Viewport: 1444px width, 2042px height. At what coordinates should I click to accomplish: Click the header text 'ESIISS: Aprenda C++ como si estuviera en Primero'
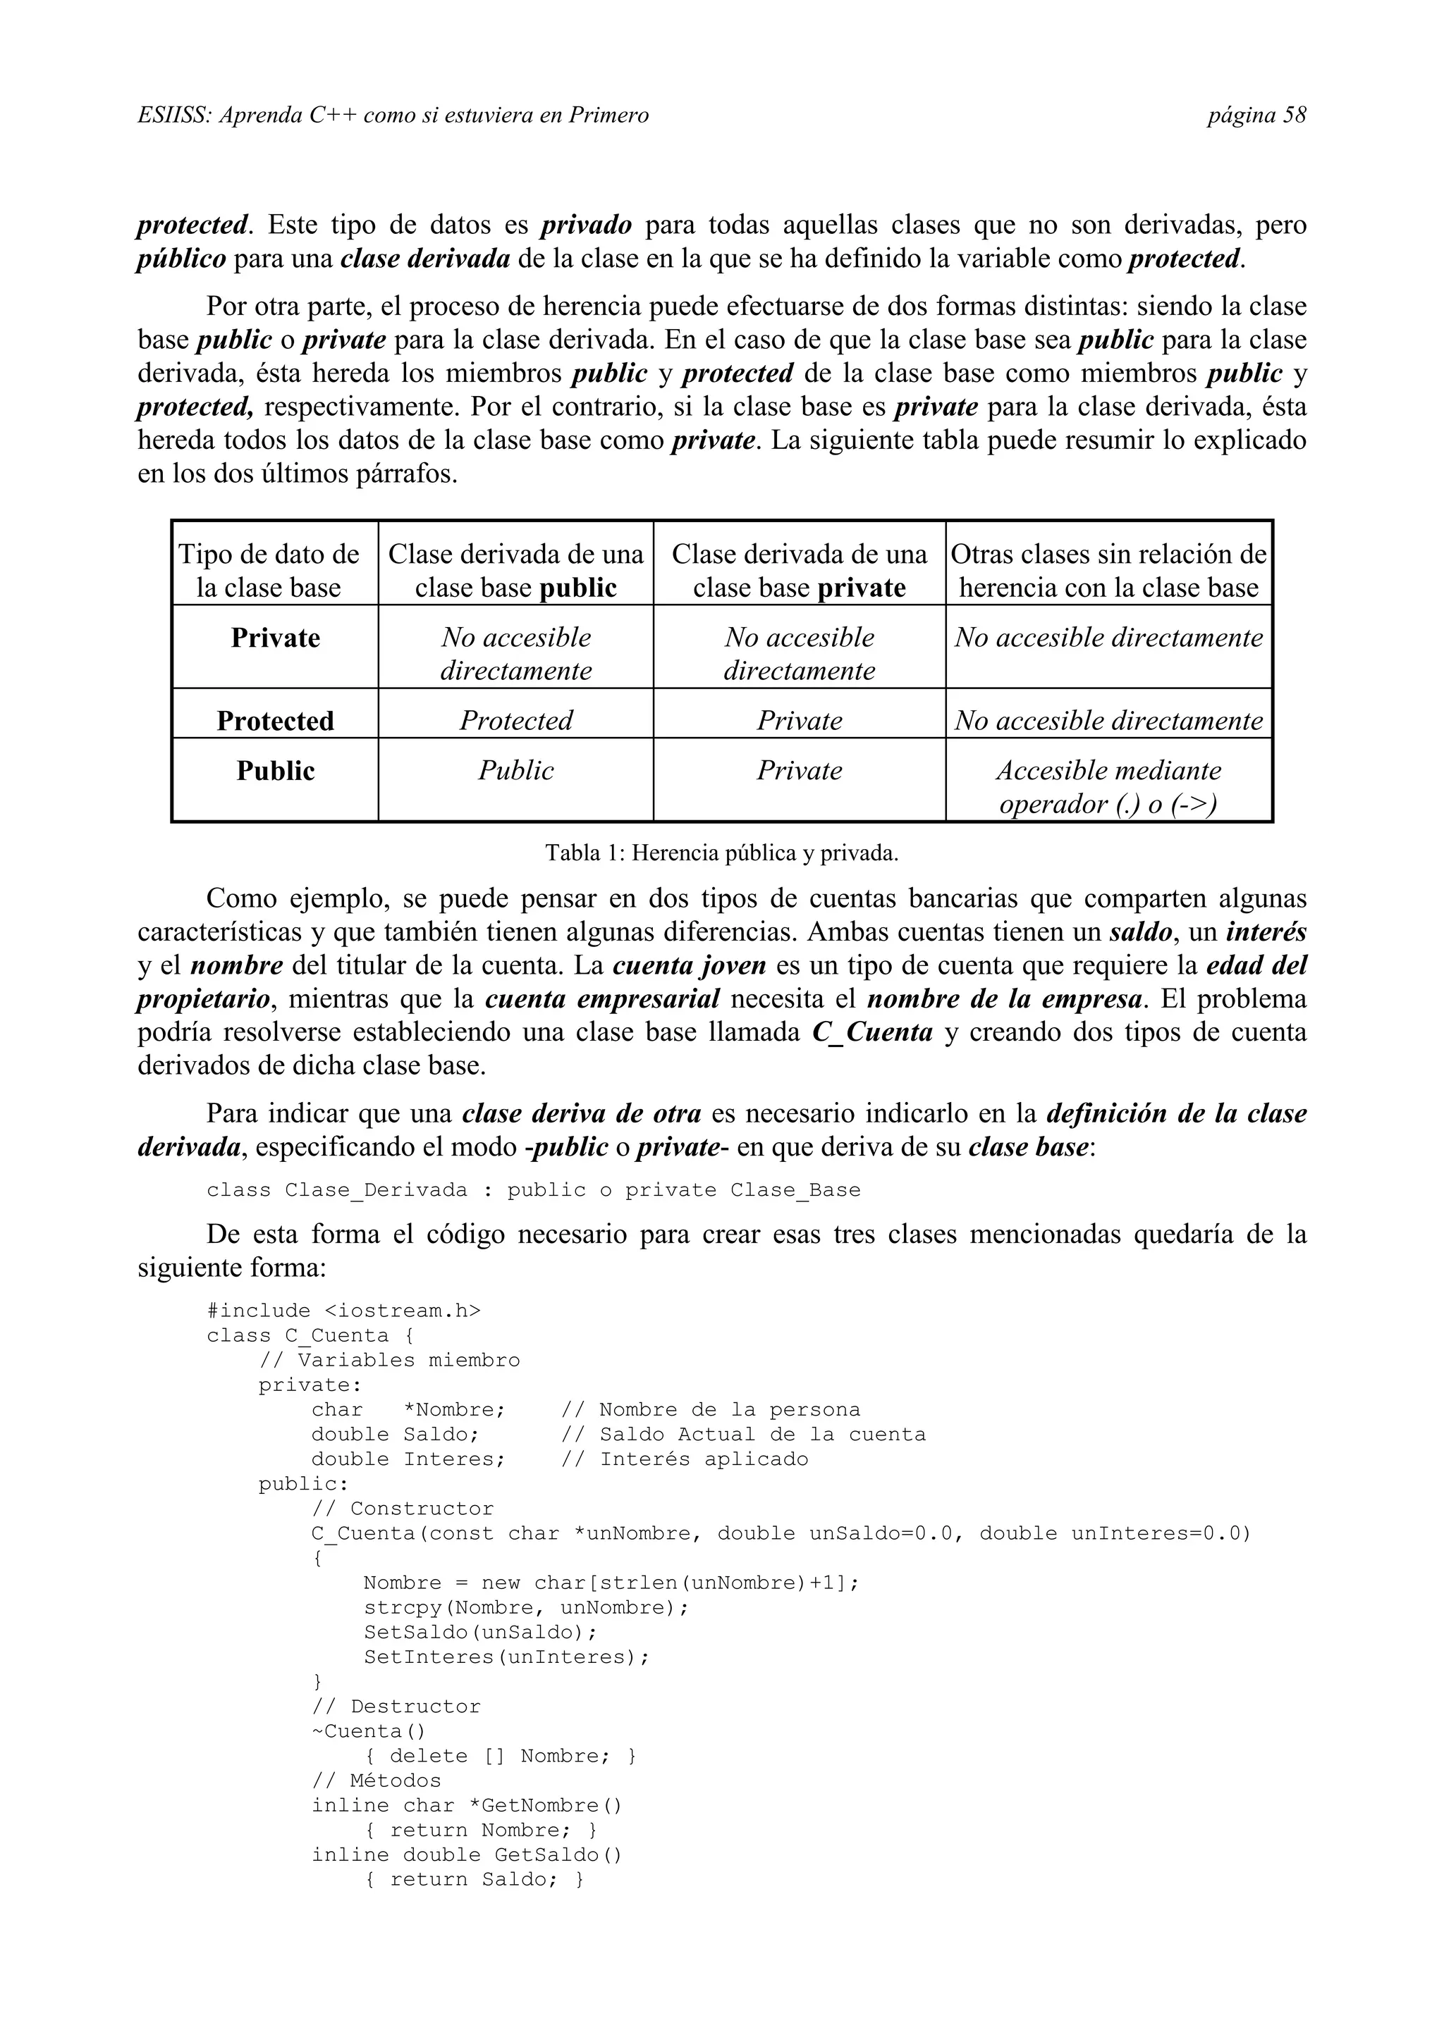pos(393,116)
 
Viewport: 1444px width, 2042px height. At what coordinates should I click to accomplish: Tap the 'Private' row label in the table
pos(275,638)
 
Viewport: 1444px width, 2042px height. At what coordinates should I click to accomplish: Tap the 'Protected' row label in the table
pos(275,720)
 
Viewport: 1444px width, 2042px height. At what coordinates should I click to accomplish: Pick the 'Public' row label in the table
pos(275,770)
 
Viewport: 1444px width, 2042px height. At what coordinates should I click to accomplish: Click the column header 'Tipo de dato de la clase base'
pos(269,570)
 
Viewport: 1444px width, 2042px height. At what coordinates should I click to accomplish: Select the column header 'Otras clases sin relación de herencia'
pos(1108,570)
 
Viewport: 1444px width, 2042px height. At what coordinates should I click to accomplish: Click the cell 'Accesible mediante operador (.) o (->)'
pos(1108,787)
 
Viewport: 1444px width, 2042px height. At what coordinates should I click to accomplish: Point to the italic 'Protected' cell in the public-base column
pos(516,720)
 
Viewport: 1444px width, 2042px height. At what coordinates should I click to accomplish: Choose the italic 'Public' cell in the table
pos(516,770)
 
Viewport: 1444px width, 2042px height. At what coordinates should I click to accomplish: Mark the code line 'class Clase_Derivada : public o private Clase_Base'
pos(533,1190)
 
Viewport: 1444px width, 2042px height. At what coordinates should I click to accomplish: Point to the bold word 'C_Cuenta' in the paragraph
pos(872,1032)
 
